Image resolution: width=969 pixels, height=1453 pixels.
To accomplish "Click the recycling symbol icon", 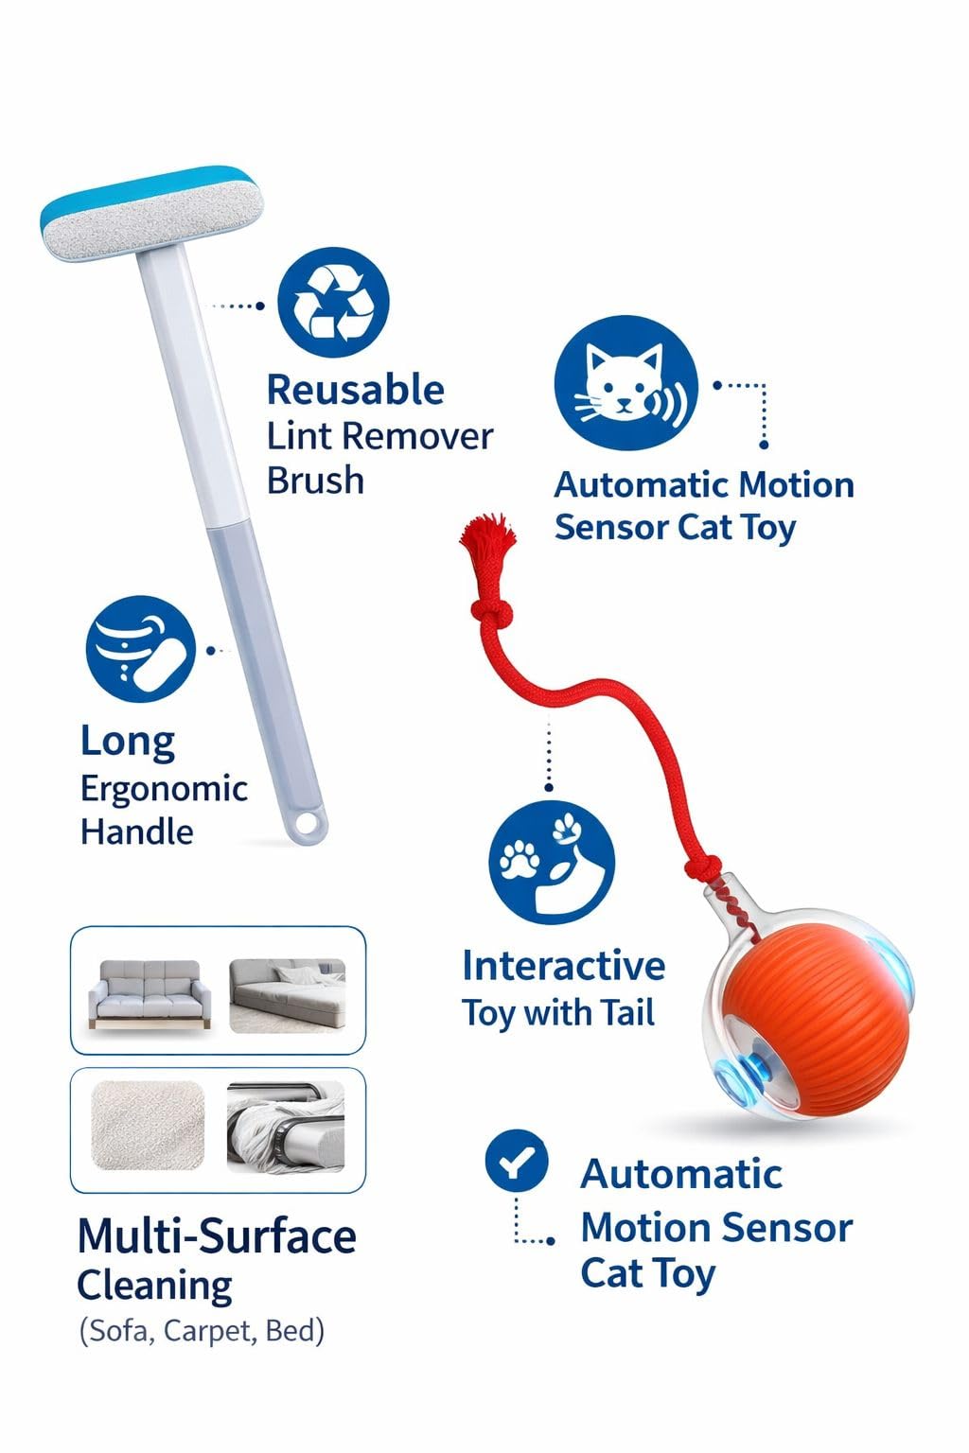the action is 333,303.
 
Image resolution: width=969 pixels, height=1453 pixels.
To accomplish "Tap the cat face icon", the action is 626,383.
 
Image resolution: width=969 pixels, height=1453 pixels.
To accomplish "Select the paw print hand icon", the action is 552,862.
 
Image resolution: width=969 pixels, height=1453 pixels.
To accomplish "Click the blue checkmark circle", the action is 517,1161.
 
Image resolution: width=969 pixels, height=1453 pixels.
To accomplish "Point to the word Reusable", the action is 356,390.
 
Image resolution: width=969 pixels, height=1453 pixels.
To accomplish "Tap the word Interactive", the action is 563,965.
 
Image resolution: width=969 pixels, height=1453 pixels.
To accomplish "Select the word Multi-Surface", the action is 217,1236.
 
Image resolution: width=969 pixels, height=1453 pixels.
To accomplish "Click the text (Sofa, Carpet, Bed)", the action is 202,1331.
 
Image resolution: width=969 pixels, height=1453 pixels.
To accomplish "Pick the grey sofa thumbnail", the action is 150,994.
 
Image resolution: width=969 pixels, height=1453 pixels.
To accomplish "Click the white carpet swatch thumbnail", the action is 148,1126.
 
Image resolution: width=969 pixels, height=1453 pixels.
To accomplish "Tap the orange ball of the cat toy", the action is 817,1021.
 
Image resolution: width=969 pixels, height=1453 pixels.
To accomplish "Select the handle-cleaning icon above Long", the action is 141,649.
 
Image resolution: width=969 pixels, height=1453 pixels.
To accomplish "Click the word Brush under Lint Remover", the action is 315,481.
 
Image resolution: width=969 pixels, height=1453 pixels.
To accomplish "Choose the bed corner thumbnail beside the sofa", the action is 287,996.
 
